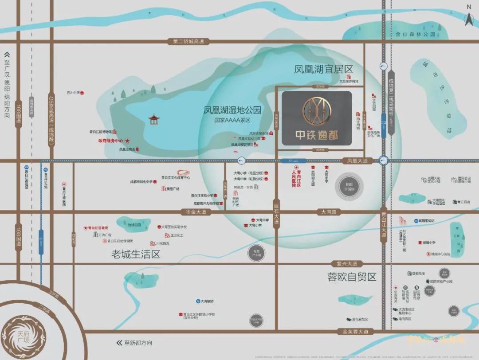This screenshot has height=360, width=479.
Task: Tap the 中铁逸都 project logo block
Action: click(317, 118)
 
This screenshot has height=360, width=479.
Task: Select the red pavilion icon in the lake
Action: click(153, 119)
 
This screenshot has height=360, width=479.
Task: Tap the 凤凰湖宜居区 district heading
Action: click(323, 70)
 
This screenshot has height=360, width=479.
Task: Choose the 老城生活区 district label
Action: click(135, 254)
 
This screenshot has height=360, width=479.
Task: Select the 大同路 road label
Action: click(329, 212)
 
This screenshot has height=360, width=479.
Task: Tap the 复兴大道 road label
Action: click(347, 263)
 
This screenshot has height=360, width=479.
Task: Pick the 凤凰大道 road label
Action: click(357, 161)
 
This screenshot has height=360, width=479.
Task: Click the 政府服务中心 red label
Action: click(110, 141)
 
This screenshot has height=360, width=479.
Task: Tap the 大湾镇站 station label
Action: click(207, 301)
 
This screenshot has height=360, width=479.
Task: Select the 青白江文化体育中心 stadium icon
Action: click(182, 172)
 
